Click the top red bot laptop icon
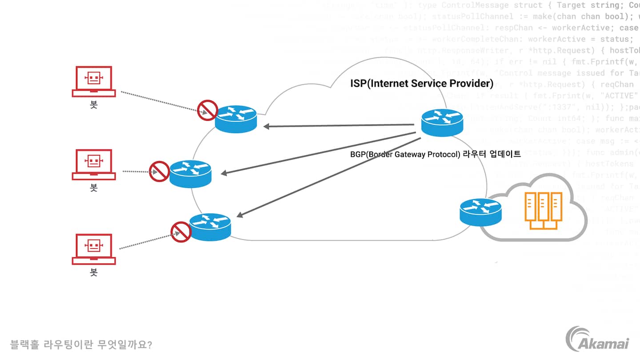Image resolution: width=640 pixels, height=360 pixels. [94, 81]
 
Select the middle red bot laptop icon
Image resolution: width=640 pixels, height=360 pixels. [94, 164]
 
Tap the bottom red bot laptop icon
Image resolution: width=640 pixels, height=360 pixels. [94, 249]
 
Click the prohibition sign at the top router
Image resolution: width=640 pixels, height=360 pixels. [208, 110]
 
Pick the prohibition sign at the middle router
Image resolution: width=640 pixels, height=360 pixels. [159, 172]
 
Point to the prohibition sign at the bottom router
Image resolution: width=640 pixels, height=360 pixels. [181, 232]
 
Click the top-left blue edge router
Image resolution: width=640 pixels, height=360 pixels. [236, 118]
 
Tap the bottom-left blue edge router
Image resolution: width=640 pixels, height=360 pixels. [210, 227]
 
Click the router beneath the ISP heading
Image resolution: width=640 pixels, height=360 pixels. [442, 122]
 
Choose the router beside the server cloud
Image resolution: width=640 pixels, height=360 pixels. [480, 212]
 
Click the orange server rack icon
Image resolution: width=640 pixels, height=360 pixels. [543, 210]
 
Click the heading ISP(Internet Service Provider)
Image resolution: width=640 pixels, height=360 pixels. [422, 84]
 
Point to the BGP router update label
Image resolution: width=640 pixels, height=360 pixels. [436, 155]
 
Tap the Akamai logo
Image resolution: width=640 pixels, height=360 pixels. [597, 338]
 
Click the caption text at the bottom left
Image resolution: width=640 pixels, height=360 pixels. [81, 344]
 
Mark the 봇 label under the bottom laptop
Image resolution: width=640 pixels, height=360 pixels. [94, 272]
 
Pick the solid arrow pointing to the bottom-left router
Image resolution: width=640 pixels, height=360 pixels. [329, 177]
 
